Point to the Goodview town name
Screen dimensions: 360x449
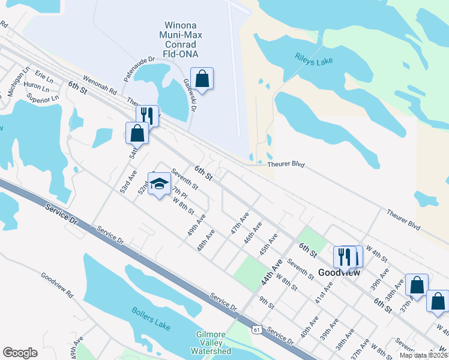point(339,272)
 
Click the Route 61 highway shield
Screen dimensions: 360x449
point(257,329)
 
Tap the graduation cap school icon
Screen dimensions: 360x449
point(159,185)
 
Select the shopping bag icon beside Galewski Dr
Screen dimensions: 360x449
point(202,79)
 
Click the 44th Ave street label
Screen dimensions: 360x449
point(272,272)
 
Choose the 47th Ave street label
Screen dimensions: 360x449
point(240,222)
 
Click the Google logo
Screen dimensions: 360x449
point(20,353)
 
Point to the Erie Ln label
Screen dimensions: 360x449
point(44,76)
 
